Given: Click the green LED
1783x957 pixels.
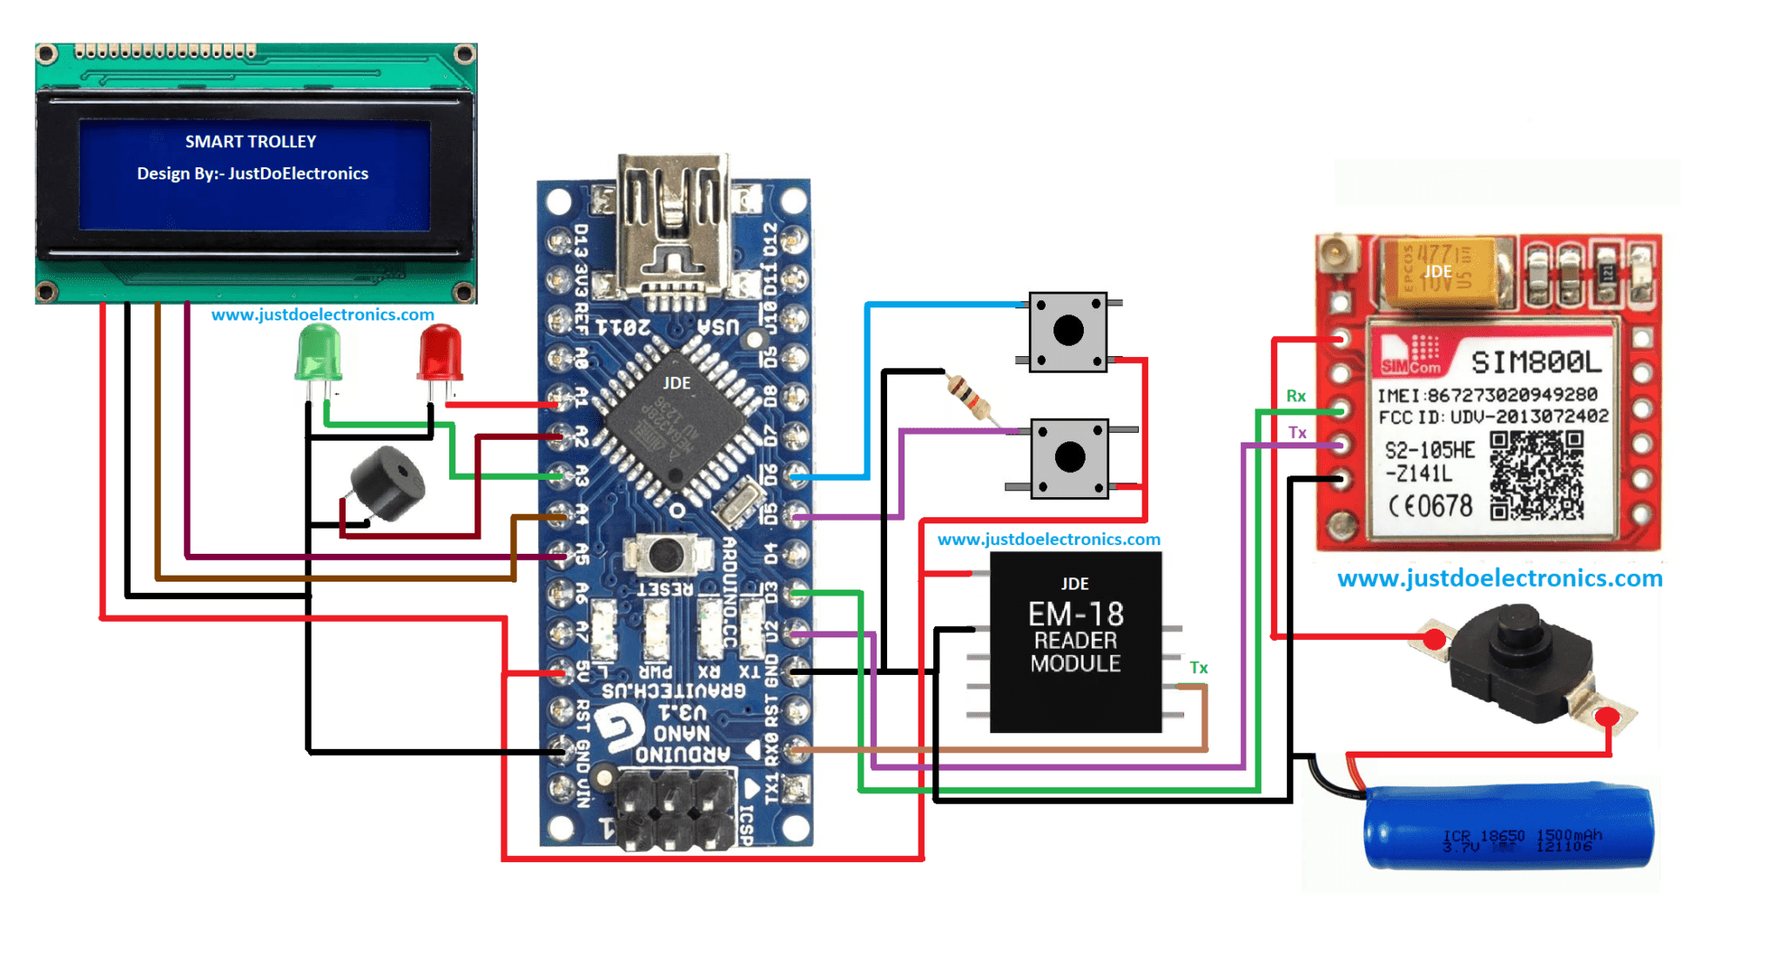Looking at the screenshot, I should pos(319,354).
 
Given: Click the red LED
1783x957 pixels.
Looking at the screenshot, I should pos(441,354).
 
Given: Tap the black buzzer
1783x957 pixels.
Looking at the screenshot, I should pos(387,483).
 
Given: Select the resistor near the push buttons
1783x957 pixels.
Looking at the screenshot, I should pos(969,397).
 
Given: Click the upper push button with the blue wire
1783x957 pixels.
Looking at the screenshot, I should pos(1068,332).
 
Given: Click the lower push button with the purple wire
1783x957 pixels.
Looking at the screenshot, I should pos(1069,458).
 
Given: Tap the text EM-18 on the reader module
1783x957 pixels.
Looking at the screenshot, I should pos(1075,614).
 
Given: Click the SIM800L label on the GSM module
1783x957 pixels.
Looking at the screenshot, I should pos(1536,361).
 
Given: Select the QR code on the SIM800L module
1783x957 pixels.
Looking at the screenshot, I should pos(1536,475).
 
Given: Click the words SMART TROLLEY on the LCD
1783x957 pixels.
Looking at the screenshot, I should pos(251,142).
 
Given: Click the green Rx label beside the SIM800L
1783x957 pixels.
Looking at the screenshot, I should pos(1295,396).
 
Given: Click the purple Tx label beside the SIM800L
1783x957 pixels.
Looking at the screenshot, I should pos(1296,433).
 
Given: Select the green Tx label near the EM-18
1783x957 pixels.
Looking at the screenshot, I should pos(1198,668).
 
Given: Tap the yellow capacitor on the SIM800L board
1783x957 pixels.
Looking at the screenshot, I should pos(1442,272).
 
